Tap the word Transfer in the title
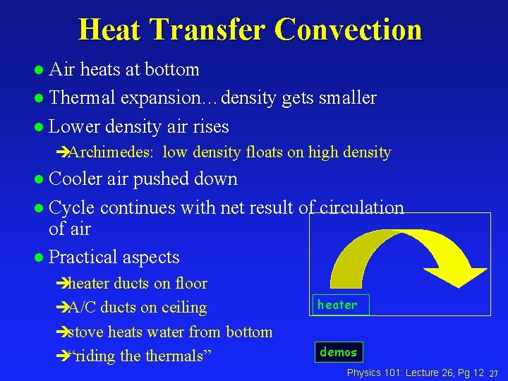[x=209, y=30]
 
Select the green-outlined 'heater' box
[x=337, y=305]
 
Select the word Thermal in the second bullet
[x=83, y=97]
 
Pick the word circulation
[x=362, y=208]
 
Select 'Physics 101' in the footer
[x=372, y=372]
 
